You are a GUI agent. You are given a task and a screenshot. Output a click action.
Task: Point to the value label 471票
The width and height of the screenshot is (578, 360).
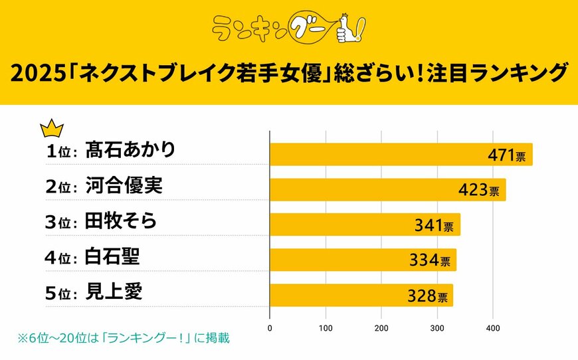pyautogui.click(x=507, y=156)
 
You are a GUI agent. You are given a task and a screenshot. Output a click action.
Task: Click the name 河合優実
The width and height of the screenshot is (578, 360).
pyautogui.click(x=124, y=186)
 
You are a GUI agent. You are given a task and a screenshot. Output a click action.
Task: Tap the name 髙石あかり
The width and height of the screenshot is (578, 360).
pyautogui.click(x=131, y=150)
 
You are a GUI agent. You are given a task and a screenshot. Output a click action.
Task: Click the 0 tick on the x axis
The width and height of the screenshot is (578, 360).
pyautogui.click(x=270, y=328)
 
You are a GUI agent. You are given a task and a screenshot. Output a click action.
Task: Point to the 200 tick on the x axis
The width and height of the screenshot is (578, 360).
pyautogui.click(x=381, y=328)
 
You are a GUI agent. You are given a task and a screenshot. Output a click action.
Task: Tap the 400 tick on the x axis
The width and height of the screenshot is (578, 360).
pyautogui.click(x=492, y=328)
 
